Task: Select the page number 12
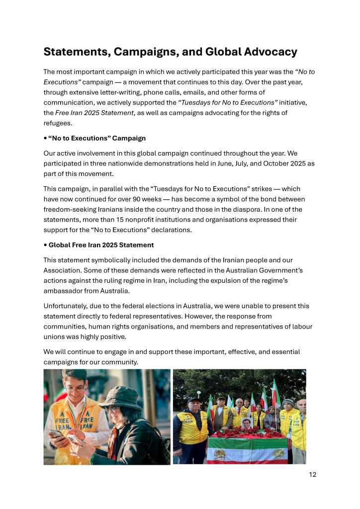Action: pyautogui.click(x=312, y=474)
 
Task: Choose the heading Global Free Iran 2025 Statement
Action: pyautogui.click(x=101, y=245)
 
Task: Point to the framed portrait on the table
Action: pyautogui.click(x=247, y=423)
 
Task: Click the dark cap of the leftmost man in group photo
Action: pyautogui.click(x=194, y=400)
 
